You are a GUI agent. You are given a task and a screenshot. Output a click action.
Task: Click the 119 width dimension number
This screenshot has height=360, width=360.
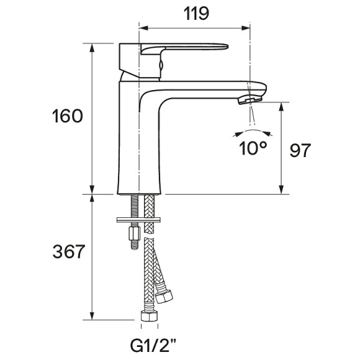click(196, 14)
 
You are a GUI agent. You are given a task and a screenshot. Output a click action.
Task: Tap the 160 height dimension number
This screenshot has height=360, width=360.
click(67, 116)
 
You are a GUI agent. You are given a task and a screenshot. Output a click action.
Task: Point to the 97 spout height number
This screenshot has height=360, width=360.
click(300, 150)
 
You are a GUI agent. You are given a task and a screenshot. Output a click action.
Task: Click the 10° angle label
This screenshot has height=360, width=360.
click(253, 148)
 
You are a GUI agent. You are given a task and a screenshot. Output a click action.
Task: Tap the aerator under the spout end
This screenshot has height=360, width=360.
click(250, 100)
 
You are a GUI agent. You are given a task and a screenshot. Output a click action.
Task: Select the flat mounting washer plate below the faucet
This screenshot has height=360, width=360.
click(138, 220)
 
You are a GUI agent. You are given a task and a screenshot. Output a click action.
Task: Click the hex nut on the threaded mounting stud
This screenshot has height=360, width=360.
click(135, 233)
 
